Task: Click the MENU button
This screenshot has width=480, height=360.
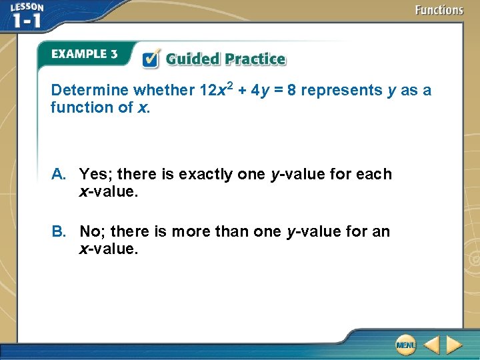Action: (x=405, y=345)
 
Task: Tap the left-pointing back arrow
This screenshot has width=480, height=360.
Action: (x=431, y=345)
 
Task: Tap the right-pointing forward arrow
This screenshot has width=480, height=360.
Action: (x=455, y=345)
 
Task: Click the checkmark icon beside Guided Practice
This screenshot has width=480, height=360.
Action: (x=151, y=59)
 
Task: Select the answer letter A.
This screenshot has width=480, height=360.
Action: (x=59, y=175)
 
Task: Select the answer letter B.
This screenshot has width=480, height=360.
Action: (x=59, y=232)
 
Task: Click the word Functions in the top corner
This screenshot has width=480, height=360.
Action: (x=439, y=10)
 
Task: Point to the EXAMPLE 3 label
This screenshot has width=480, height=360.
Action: (x=84, y=54)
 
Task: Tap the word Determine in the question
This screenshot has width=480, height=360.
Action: (x=90, y=90)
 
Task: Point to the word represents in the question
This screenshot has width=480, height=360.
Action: (x=341, y=90)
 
